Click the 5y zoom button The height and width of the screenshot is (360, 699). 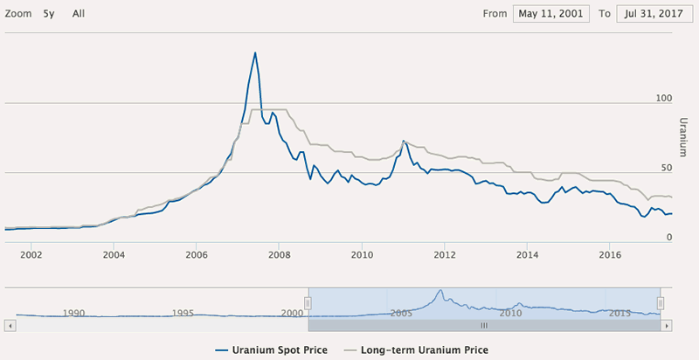(x=49, y=14)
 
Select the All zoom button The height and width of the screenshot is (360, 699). (x=79, y=14)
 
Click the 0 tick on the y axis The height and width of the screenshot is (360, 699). (x=668, y=237)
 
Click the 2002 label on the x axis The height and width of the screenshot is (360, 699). (x=31, y=254)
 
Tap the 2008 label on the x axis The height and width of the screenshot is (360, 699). (x=279, y=254)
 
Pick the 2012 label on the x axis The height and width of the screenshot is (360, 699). (x=445, y=254)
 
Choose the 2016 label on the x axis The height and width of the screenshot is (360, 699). (x=610, y=254)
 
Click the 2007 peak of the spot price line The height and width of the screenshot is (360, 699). (x=255, y=53)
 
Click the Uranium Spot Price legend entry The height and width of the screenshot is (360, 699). (x=279, y=350)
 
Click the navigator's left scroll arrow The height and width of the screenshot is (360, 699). (x=10, y=325)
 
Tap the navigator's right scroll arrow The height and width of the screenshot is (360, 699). (x=666, y=325)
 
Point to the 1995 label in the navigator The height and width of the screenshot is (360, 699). (x=182, y=312)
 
